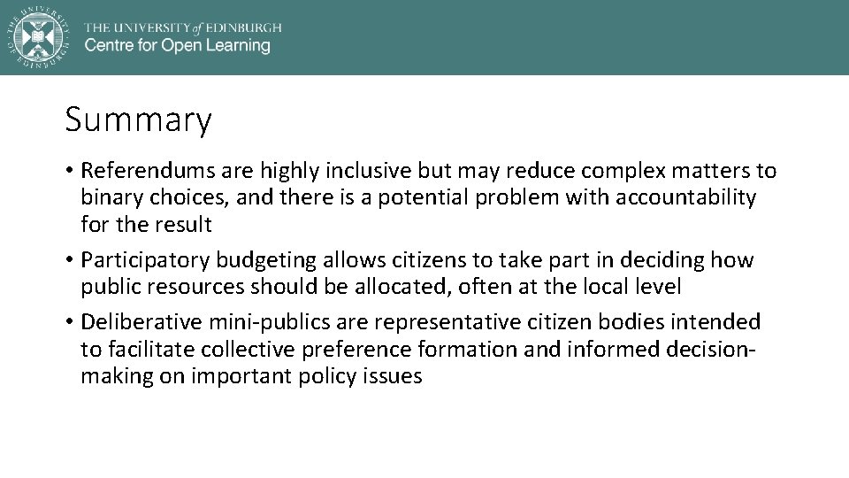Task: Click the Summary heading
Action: [x=138, y=120]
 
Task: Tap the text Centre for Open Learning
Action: [x=177, y=46]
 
